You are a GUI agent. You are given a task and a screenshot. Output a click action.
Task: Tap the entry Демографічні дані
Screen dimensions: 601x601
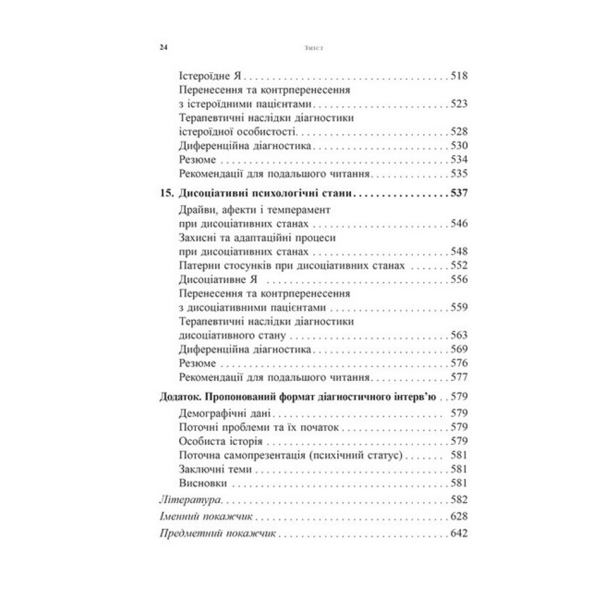[226, 413]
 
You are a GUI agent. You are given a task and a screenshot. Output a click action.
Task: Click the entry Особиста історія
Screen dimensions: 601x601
[216, 441]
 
